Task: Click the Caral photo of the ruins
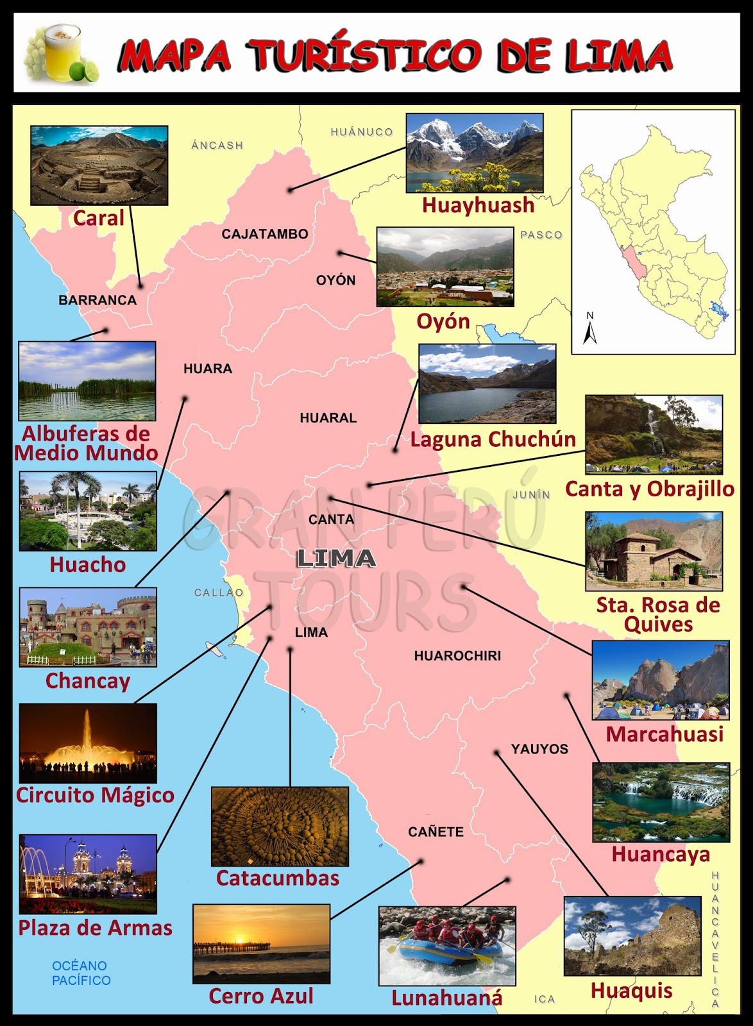pos(99,165)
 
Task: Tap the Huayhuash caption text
pos(478,205)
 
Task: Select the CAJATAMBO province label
pos(265,234)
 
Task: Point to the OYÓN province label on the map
pos(335,280)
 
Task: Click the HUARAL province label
pos(328,418)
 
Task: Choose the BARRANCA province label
pos(97,300)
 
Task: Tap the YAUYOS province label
pos(539,749)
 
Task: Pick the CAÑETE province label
pos(436,832)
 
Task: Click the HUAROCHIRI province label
pos(457,655)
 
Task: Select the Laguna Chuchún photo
pos(487,383)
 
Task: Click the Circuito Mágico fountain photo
pos(88,743)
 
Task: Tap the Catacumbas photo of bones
pos(280,826)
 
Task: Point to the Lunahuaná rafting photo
pos(447,946)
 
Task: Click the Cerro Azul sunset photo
pos(261,944)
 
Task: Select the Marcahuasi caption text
pos(664,734)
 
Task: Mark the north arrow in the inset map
pos(590,329)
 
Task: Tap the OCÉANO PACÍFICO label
pos(81,973)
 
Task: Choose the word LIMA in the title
pos(618,56)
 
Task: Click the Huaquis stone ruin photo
pos(632,936)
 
